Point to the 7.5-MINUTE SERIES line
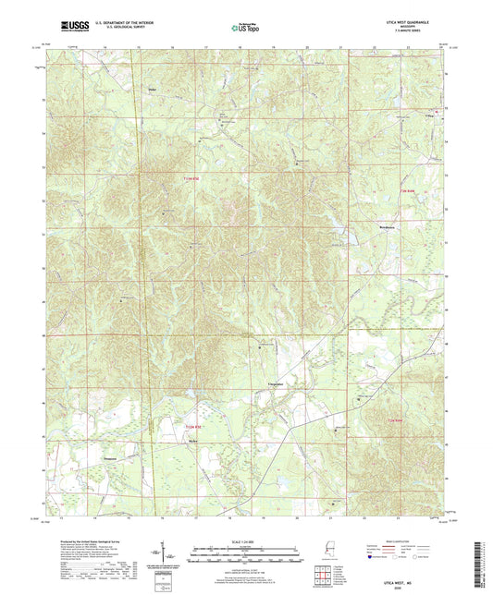(x=423, y=31)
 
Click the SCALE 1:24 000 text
(x=246, y=542)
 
